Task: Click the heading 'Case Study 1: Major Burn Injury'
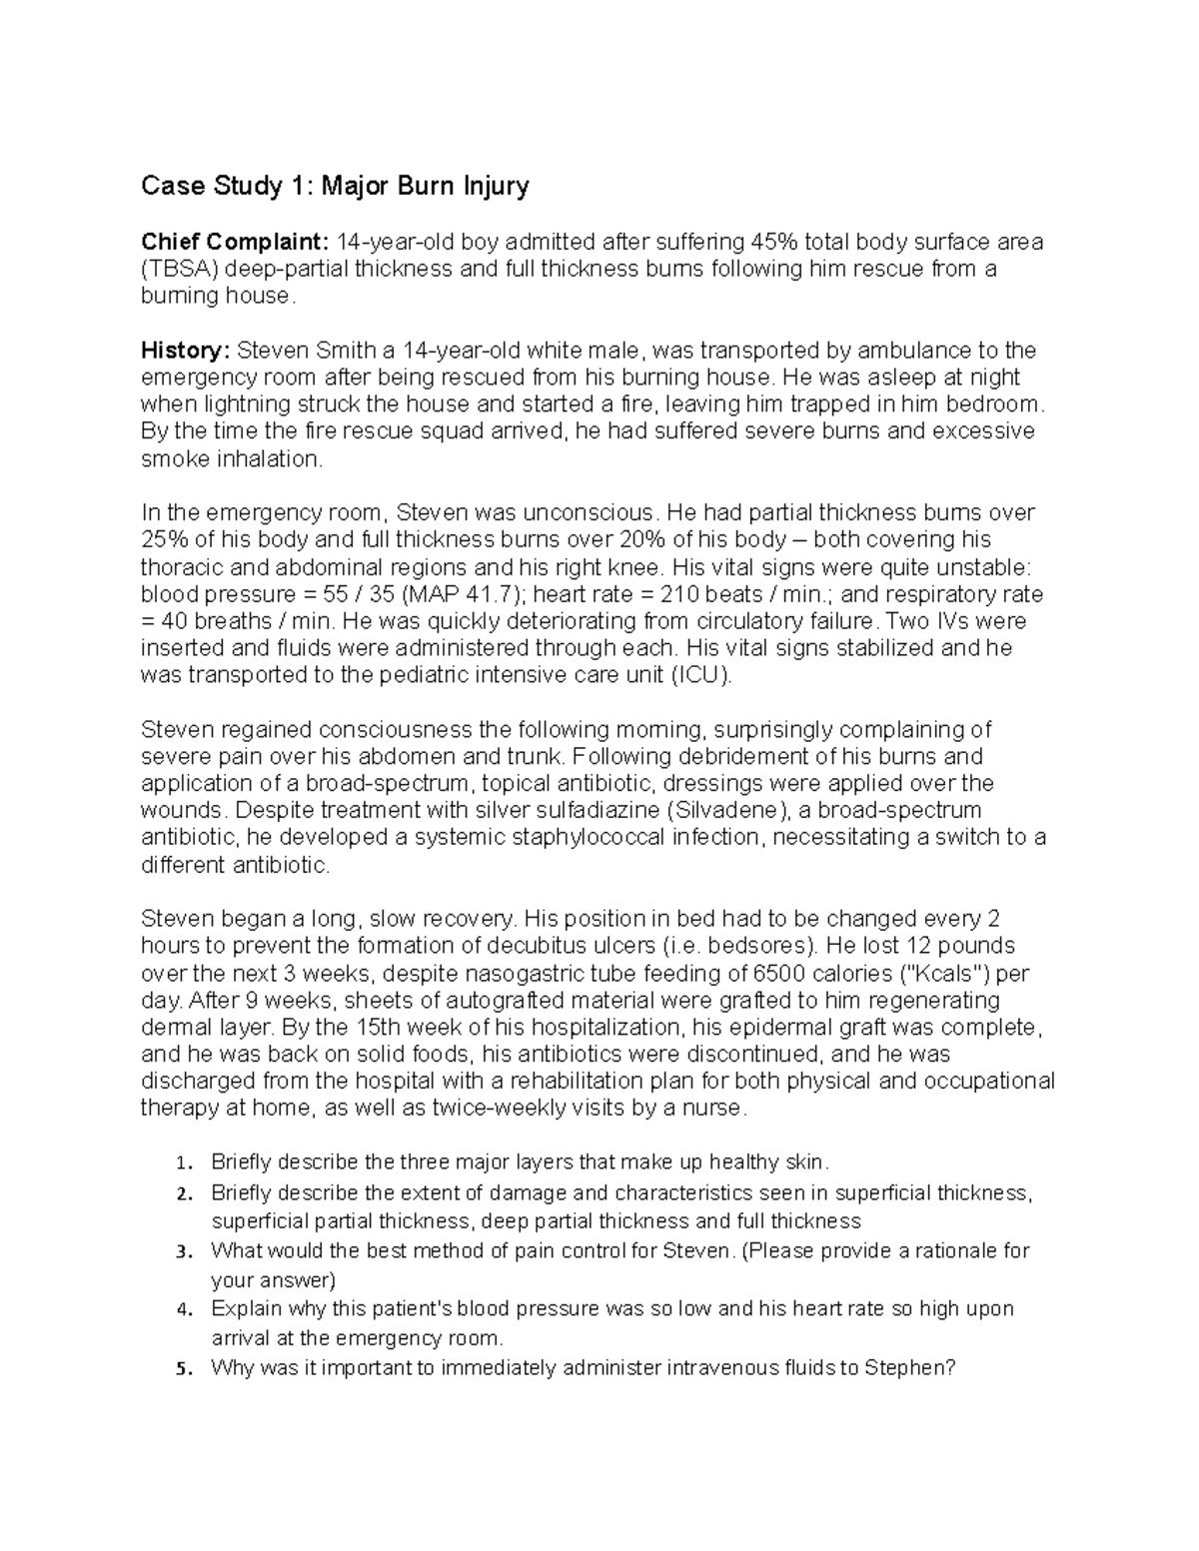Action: [335, 186]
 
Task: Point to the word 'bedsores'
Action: [755, 946]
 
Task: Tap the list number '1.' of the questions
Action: [181, 1163]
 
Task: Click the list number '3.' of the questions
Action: [181, 1251]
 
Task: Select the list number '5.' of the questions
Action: [181, 1369]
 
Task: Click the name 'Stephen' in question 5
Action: [908, 1368]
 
